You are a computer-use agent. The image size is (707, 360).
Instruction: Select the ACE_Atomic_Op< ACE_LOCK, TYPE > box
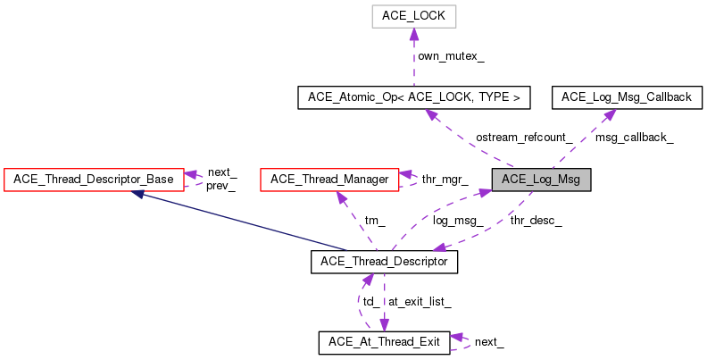414,97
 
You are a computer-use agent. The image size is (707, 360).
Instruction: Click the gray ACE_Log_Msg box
541,180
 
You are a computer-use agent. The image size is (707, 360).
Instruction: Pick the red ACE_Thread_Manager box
329,180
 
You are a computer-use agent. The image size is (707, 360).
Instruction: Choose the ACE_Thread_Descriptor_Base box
94,180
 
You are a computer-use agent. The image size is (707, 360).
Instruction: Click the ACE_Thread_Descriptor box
384,262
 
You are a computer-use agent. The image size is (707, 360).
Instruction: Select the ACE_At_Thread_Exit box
384,342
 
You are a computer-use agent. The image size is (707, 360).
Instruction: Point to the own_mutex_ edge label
451,56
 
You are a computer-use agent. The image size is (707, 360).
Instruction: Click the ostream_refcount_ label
524,138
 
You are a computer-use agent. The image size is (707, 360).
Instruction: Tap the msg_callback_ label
634,138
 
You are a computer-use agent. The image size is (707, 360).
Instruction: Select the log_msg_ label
458,220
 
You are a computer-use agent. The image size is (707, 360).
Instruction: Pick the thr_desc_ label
536,220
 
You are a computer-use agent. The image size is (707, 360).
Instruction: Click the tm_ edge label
374,220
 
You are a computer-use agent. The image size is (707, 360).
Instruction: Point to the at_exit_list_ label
419,302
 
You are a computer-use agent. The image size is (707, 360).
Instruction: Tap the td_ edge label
370,302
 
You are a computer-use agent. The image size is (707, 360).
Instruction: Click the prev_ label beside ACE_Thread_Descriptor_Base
220,187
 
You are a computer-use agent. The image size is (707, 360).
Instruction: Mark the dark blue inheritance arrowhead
138,194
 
